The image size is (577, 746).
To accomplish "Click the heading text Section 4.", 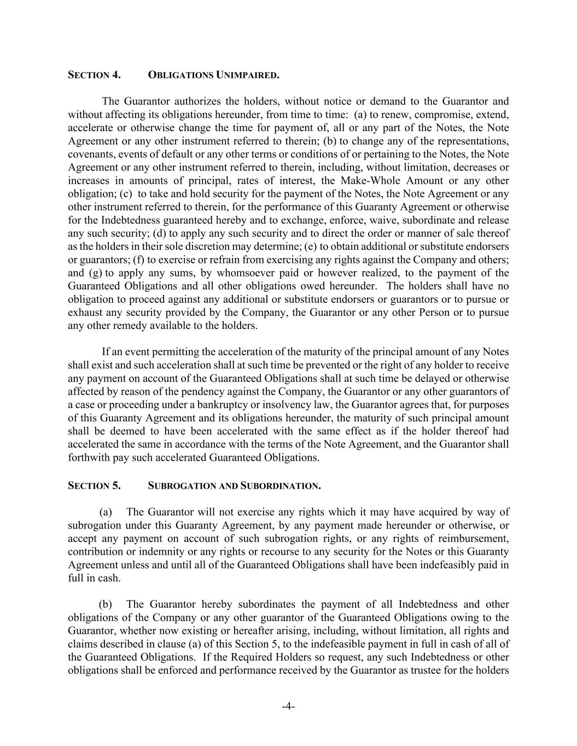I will [x=94, y=75].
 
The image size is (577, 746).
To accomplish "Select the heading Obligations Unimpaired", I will [x=213, y=75].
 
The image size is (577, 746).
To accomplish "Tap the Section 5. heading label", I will [x=94, y=486].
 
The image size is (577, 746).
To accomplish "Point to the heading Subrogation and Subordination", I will [x=234, y=486].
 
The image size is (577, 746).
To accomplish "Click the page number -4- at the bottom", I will [x=288, y=706].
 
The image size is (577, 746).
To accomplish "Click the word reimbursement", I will [x=474, y=538].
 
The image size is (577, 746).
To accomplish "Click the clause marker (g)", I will [x=95, y=273].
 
